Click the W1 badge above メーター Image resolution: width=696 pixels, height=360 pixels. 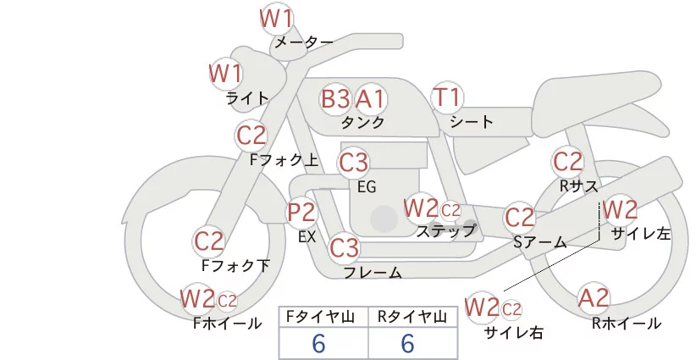click(x=276, y=19)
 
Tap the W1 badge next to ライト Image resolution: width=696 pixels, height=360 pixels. click(x=226, y=74)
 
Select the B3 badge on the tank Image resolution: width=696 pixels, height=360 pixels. click(x=335, y=99)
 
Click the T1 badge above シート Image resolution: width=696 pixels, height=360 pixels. click(x=446, y=98)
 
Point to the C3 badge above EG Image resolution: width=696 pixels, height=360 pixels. click(x=353, y=162)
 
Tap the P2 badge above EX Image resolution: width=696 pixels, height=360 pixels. click(x=302, y=213)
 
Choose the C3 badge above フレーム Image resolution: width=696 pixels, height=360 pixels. click(x=345, y=248)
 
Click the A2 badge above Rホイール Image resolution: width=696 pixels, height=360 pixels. click(x=594, y=298)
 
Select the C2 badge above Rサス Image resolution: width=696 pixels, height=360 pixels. click(x=568, y=161)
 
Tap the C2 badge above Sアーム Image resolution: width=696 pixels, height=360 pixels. click(x=520, y=218)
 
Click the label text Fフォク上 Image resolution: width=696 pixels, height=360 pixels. click(x=284, y=158)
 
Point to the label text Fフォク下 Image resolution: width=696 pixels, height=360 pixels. click(x=235, y=265)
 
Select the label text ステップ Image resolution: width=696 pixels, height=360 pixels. click(x=445, y=230)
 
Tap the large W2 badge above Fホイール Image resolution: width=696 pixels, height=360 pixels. click(x=197, y=298)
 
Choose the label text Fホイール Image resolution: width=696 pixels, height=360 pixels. click(x=227, y=323)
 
